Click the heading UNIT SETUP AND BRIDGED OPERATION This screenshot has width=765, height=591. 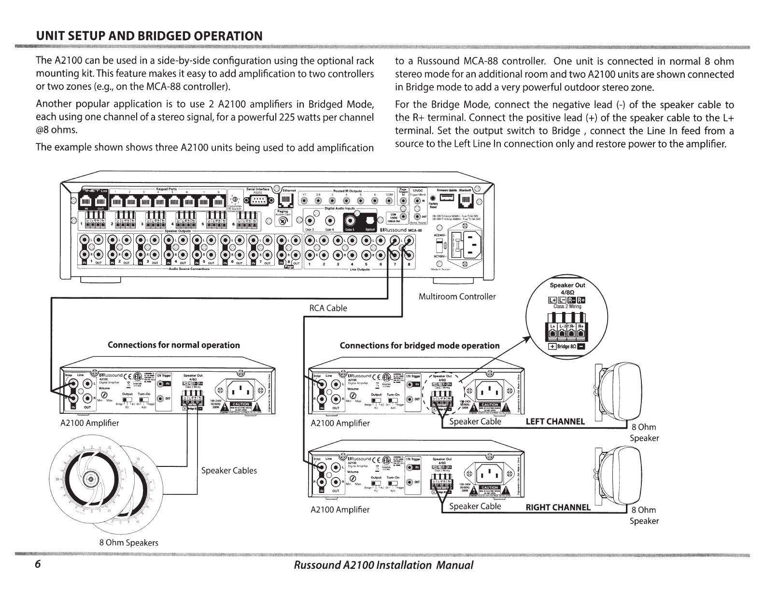(150, 36)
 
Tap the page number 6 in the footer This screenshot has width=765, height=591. (38, 565)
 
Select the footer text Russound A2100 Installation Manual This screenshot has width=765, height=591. (383, 565)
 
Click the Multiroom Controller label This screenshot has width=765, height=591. (457, 296)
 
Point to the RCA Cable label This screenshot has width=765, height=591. (328, 308)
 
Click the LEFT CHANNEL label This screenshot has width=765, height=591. (555, 422)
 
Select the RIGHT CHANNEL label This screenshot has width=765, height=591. (558, 507)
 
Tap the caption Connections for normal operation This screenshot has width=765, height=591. (173, 345)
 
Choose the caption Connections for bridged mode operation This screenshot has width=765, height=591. (419, 346)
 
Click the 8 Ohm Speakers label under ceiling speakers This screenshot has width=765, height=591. (128, 542)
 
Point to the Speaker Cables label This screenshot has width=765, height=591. (229, 471)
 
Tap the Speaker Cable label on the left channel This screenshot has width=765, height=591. (475, 422)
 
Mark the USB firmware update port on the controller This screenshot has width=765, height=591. (449, 197)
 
